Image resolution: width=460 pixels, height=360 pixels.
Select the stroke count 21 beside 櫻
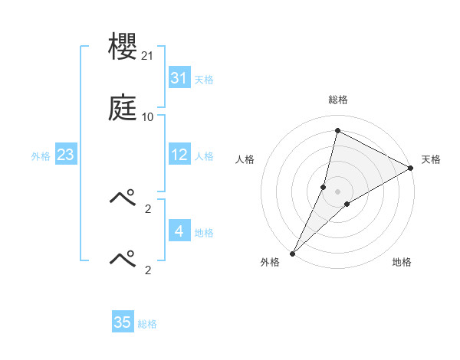pyautogui.click(x=149, y=56)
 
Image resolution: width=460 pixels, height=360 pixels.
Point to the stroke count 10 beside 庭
pyautogui.click(x=148, y=117)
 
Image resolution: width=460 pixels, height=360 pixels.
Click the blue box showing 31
pyautogui.click(x=179, y=78)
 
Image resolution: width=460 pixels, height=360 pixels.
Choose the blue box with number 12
pyautogui.click(x=179, y=155)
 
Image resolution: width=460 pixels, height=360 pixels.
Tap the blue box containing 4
pyautogui.click(x=179, y=231)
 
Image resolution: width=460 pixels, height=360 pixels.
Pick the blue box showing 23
pyautogui.click(x=65, y=155)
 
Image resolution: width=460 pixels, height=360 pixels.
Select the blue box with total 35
pyautogui.click(x=122, y=322)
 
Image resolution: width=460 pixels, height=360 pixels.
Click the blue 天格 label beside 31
pyautogui.click(x=204, y=79)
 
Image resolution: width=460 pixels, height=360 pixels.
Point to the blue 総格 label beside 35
pyautogui.click(x=147, y=323)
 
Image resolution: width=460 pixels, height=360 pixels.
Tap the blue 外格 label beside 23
pyautogui.click(x=41, y=155)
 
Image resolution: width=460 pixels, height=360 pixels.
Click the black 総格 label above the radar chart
pyautogui.click(x=337, y=100)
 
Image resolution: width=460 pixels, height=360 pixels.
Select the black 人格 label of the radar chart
pyautogui.click(x=245, y=159)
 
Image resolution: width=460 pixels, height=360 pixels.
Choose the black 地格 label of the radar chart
pyautogui.click(x=402, y=263)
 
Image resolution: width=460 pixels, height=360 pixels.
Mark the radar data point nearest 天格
pyautogui.click(x=411, y=168)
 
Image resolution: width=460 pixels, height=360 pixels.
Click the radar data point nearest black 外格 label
pyautogui.click(x=292, y=254)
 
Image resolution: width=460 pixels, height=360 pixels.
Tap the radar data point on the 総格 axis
pyautogui.click(x=337, y=131)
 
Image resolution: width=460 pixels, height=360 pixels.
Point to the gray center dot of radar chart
pyautogui.click(x=337, y=191)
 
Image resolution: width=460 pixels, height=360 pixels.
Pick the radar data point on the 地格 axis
pyautogui.click(x=347, y=204)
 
